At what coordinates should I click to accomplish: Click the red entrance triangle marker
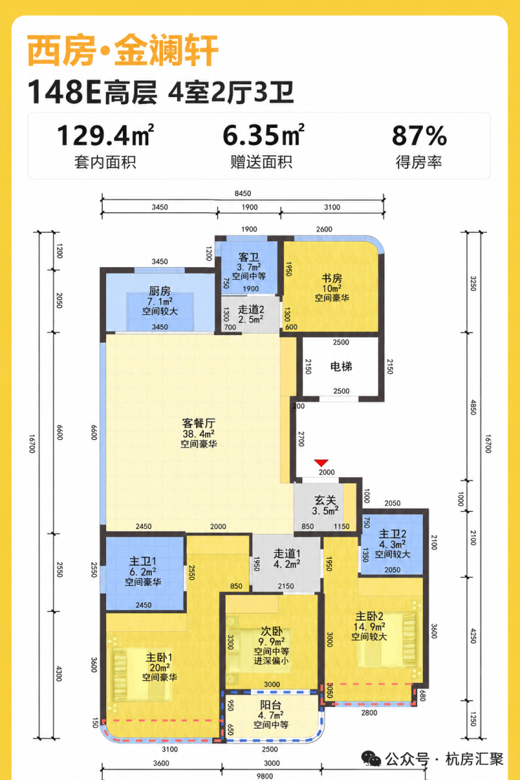(321, 462)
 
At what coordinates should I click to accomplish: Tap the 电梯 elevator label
(342, 367)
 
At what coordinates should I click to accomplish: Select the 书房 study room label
(332, 278)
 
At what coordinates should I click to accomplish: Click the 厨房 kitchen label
(160, 291)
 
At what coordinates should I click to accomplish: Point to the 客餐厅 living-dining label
(199, 423)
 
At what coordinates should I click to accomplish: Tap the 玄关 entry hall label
(325, 500)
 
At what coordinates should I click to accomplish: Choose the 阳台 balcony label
(271, 705)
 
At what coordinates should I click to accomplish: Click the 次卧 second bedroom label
(271, 632)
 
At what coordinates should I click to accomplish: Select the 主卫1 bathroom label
(143, 561)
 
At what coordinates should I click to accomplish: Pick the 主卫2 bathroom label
(393, 534)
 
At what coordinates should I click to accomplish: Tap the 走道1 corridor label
(287, 553)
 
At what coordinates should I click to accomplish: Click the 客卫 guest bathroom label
(249, 257)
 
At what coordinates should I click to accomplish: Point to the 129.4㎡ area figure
(105, 136)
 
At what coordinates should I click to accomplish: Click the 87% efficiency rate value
(419, 136)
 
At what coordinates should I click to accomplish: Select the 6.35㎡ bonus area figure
(263, 136)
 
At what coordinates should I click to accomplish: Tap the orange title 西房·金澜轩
(123, 50)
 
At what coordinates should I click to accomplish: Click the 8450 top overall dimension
(243, 193)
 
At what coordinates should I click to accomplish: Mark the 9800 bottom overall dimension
(264, 776)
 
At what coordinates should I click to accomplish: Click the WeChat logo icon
(371, 759)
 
